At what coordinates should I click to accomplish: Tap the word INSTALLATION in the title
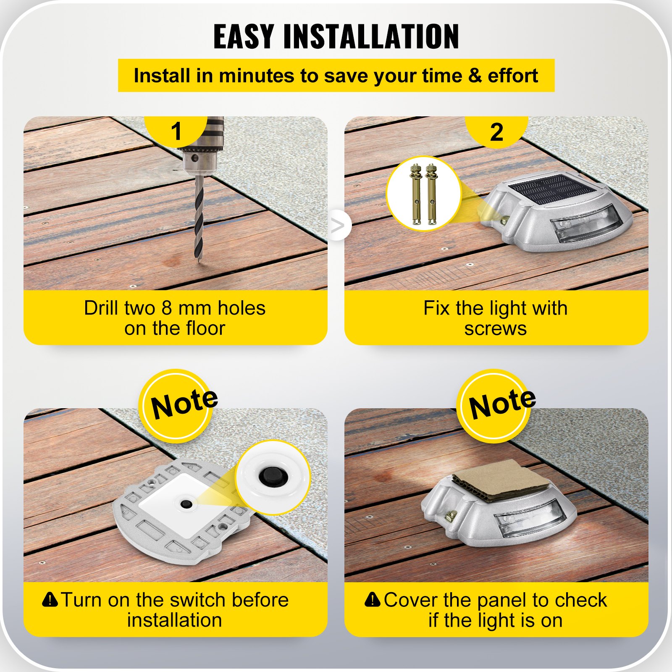[371, 37]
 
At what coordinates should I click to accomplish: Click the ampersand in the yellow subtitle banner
[475, 76]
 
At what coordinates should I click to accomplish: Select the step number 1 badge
[176, 131]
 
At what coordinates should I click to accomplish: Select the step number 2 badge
[496, 132]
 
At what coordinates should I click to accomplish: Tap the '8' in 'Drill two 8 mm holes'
[167, 308]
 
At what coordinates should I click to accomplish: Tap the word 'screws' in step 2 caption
[495, 328]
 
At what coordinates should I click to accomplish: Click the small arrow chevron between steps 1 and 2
[337, 226]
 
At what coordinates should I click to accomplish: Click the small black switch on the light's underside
[185, 504]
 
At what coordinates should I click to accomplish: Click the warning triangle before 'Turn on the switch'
[50, 599]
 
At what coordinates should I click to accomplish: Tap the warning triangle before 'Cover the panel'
[373, 600]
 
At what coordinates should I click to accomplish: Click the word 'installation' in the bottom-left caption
[175, 620]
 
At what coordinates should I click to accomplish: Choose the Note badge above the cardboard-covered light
[496, 405]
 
